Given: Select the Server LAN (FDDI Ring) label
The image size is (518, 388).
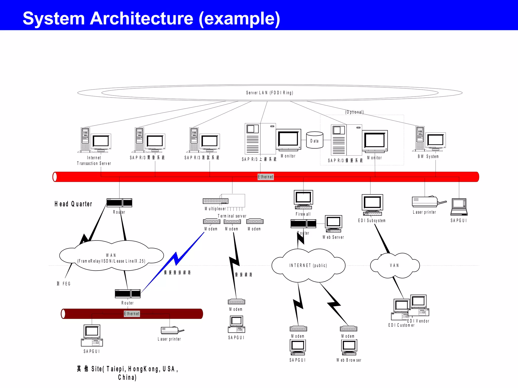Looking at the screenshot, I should (x=270, y=93).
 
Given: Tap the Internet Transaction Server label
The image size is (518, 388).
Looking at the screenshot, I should (x=94, y=161).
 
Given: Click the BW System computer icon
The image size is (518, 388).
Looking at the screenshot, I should (x=430, y=140).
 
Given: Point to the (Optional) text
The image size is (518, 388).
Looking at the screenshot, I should (x=354, y=112).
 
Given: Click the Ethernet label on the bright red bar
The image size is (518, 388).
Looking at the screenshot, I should (x=266, y=177).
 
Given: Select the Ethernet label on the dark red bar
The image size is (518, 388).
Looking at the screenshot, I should (x=132, y=314).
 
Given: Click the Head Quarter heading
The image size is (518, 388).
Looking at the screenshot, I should (x=73, y=204).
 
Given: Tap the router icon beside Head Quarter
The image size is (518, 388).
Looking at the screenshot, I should (x=119, y=203).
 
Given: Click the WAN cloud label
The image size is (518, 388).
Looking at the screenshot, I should (x=111, y=258).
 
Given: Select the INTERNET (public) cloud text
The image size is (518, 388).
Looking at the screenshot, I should (x=308, y=265).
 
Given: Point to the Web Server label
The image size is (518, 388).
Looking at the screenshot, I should (x=333, y=237).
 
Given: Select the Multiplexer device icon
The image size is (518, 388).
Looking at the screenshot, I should (x=215, y=201).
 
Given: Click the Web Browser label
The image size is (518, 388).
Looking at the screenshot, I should (x=349, y=360).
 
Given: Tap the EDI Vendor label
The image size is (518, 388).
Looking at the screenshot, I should (x=418, y=321).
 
